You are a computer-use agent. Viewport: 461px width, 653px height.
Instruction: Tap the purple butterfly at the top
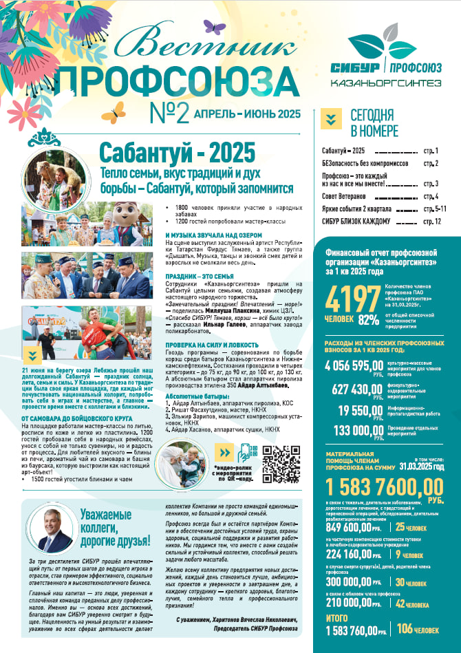(214, 28)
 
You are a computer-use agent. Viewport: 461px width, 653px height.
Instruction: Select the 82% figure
(369, 319)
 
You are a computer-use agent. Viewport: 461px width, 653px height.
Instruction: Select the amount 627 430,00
(358, 389)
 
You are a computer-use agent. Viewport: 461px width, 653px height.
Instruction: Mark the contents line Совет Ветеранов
(346, 197)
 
